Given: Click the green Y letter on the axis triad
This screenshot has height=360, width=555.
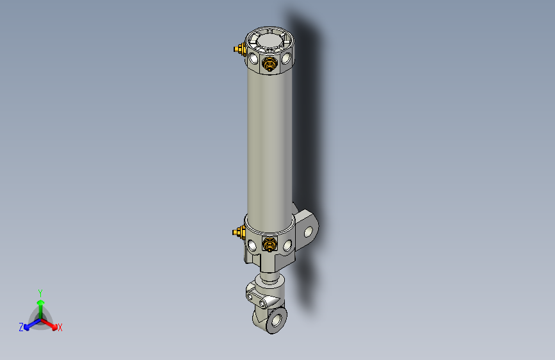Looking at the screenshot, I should point(40,292).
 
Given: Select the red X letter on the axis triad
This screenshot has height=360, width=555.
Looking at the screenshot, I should point(60,327).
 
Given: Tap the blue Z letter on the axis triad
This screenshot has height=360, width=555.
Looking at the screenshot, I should point(21,327).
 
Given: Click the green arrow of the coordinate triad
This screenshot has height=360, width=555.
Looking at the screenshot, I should point(40,305).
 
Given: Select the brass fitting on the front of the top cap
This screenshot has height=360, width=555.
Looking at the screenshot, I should point(270,63).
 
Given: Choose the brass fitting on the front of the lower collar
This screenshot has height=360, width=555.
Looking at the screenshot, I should point(270,243).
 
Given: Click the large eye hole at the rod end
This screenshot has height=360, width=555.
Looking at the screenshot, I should point(277,318).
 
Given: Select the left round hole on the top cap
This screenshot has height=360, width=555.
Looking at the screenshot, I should point(255,60).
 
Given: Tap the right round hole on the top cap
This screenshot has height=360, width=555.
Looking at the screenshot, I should point(286,60).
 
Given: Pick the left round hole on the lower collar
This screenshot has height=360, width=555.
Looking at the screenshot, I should point(255,243).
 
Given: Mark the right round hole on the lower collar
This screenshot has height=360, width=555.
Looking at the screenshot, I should point(286,244).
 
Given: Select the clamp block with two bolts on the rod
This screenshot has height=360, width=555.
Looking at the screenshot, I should point(263,297).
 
